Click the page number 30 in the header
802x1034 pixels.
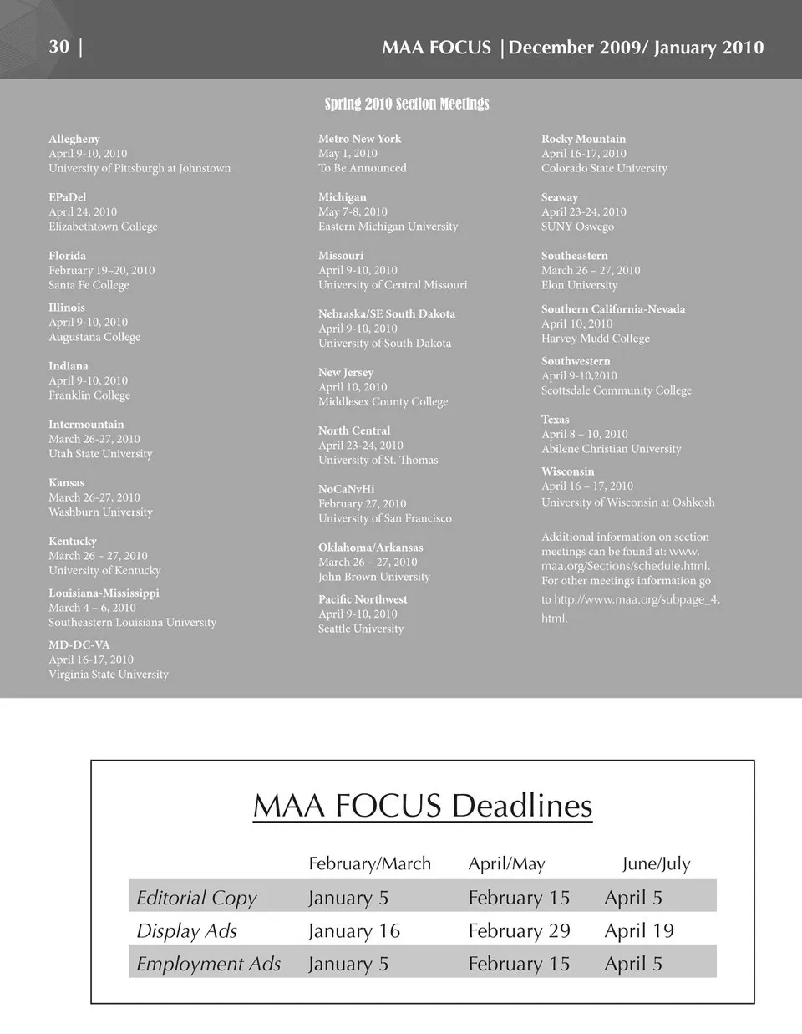58,46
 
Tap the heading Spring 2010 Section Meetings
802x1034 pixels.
407,104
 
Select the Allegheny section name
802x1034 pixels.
74,139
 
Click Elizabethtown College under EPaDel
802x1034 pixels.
103,227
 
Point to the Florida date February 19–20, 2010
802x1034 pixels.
101,270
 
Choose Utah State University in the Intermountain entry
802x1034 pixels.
100,454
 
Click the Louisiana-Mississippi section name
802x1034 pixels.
104,593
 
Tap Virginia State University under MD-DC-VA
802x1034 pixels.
109,675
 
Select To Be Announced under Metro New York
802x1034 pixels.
362,168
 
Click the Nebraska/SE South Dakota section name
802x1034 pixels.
387,313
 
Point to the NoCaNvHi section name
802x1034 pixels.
346,489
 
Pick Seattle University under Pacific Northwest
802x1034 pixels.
361,629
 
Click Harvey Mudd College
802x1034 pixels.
595,339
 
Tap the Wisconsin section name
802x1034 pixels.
567,471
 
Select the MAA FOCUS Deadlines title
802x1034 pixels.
423,806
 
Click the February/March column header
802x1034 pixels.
370,863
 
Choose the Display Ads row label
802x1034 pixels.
187,930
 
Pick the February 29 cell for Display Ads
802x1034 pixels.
519,930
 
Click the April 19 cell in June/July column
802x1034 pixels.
639,930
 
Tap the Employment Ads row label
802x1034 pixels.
209,964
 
